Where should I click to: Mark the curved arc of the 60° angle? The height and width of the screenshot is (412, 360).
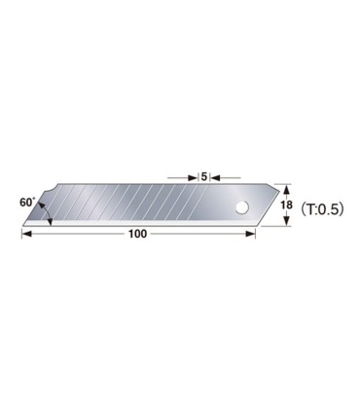click(x=44, y=206)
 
